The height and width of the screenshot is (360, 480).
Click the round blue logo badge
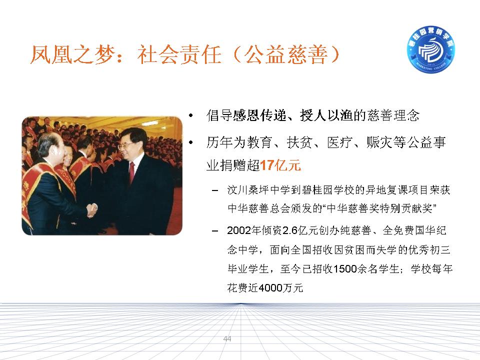pos(430,49)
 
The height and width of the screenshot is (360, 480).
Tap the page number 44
pos(227,338)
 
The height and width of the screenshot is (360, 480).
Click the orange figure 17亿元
pos(280,165)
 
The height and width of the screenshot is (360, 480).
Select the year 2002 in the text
pos(239,230)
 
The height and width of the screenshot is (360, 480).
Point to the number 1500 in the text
pos(344,269)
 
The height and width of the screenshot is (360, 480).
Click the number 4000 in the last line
pos(270,288)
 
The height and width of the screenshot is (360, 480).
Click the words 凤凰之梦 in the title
pos(72,55)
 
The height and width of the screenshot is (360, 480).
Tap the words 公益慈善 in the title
pos(286,55)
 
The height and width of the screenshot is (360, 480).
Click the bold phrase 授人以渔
pos(326,115)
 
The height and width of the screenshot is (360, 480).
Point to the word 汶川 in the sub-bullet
pos(237,190)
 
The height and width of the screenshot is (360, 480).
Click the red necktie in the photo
pos(131,172)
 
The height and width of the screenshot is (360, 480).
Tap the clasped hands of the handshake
pos(91,210)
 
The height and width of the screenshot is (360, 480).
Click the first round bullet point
pos(191,115)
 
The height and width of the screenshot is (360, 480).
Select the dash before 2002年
pos(215,231)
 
